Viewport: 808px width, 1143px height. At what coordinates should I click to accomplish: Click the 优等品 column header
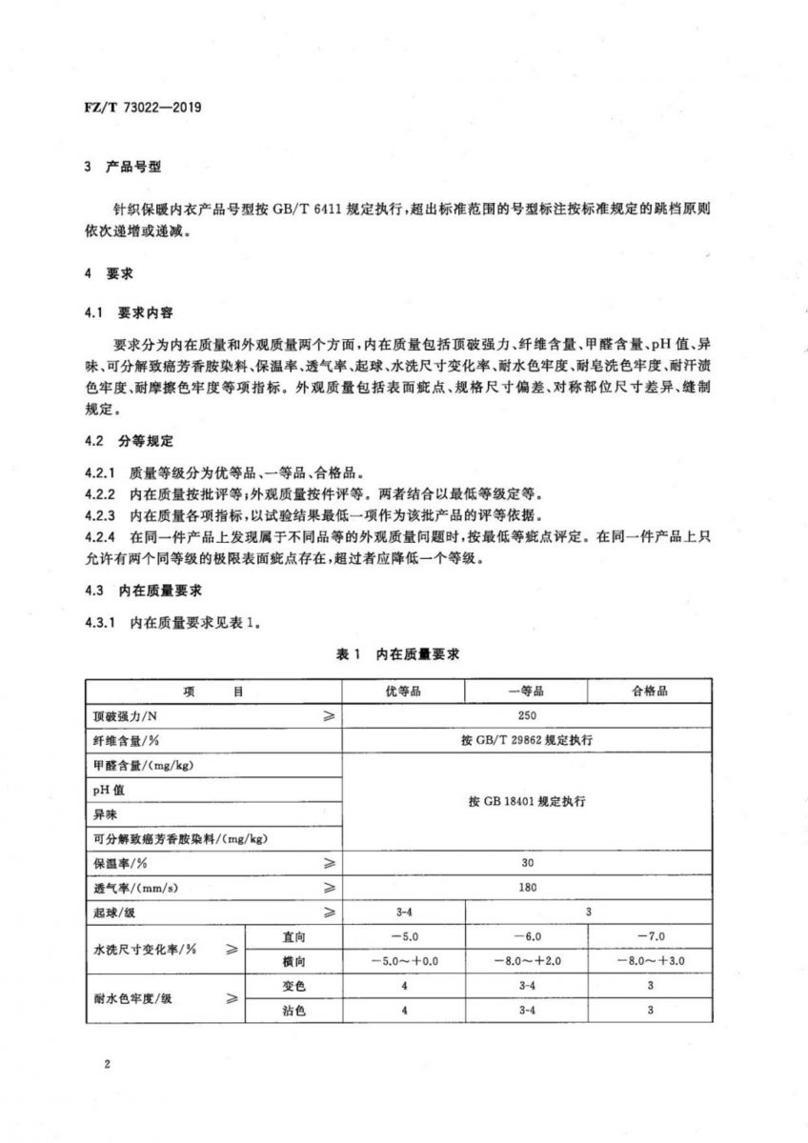click(404, 691)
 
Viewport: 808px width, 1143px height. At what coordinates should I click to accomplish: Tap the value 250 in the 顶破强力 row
click(527, 715)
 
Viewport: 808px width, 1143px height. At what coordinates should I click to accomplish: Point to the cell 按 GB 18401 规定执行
click(527, 802)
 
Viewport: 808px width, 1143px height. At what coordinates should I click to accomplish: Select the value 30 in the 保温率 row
click(527, 863)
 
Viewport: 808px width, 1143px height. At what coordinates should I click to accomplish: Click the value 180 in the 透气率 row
click(527, 888)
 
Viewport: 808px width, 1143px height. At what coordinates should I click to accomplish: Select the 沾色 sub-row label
click(293, 1011)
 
